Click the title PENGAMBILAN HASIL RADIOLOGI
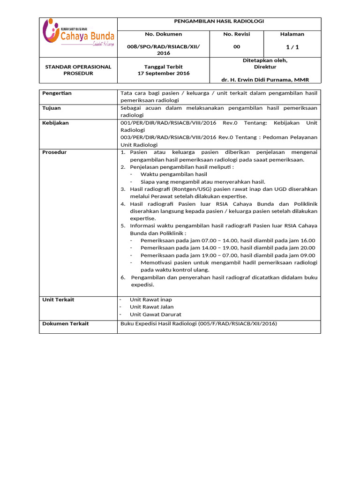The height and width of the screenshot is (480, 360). [x=219, y=22]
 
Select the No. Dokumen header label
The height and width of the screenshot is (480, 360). [x=163, y=34]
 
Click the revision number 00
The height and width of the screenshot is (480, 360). [x=236, y=46]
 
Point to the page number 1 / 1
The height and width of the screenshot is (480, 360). [x=292, y=46]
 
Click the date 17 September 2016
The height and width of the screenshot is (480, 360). [x=163, y=74]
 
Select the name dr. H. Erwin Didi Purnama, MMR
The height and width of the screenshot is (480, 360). [x=265, y=80]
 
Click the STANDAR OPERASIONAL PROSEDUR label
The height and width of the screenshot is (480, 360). [x=78, y=70]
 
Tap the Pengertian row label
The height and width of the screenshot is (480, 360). [x=57, y=93]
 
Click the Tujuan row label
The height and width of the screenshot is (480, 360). [x=52, y=108]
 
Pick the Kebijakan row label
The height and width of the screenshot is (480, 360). [x=55, y=123]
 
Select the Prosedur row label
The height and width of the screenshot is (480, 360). [x=54, y=152]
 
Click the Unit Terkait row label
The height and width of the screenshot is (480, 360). [x=58, y=300]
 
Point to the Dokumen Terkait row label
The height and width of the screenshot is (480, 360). [x=65, y=323]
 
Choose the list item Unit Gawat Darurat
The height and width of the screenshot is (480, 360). [x=156, y=315]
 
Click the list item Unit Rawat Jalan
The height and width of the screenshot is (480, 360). [x=152, y=307]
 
